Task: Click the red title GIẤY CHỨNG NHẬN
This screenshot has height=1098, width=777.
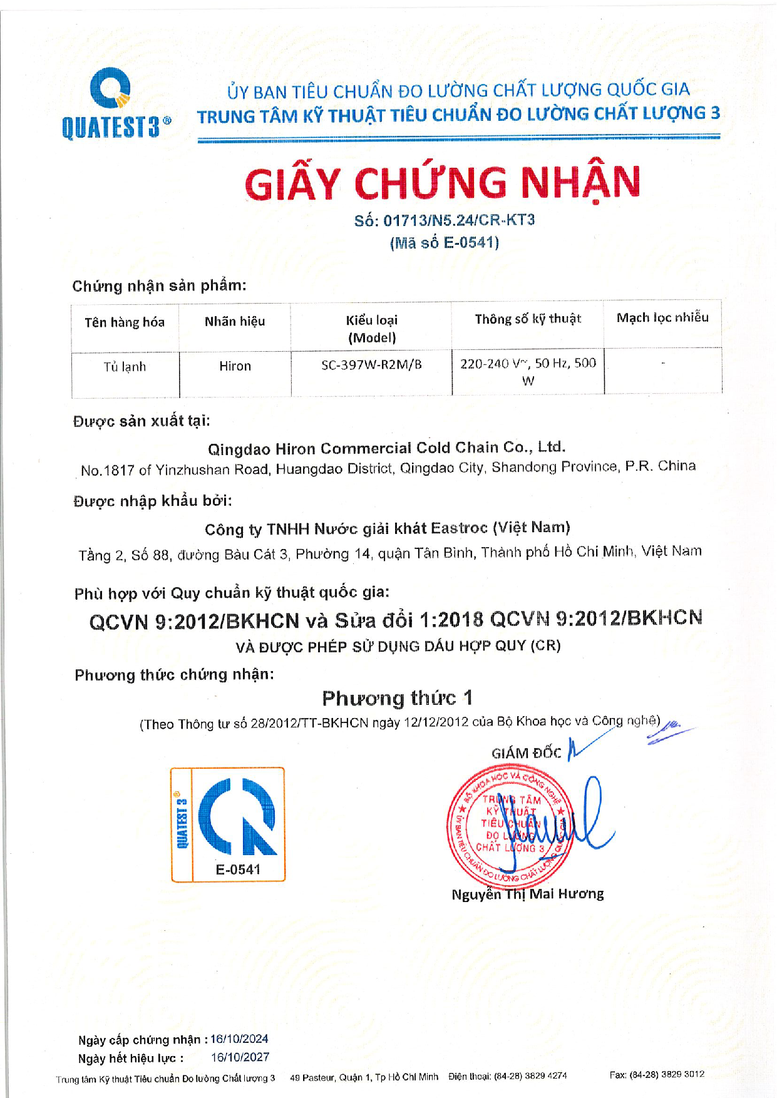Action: point(442,183)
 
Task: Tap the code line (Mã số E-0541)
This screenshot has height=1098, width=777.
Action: point(444,243)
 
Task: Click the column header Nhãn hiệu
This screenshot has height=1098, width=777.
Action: point(235,322)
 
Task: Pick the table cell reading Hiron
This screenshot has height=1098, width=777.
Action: point(235,366)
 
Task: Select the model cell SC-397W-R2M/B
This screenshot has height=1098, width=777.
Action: point(371,365)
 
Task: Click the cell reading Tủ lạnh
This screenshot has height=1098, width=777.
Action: point(125,367)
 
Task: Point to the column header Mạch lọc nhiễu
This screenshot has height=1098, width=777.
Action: point(662,318)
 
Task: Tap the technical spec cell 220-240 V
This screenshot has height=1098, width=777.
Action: point(528,371)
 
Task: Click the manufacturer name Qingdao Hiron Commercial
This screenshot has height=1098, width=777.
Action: point(386,448)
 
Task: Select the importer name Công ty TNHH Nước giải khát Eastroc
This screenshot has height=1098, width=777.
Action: point(387,529)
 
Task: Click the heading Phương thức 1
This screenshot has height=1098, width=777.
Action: point(397,698)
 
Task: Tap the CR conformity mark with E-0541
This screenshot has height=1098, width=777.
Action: point(228,824)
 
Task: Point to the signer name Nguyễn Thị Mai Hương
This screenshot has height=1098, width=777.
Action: point(527,895)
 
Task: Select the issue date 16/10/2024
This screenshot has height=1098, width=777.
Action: point(239,1039)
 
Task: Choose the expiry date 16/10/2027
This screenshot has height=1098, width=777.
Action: point(240,1057)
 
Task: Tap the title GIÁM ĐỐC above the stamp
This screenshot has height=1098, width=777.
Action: point(526,753)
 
